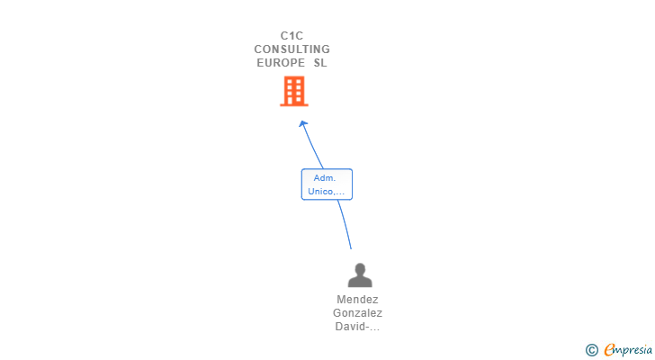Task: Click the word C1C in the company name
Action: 292,36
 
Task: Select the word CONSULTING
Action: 292,49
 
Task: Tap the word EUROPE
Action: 281,63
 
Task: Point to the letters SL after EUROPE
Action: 320,63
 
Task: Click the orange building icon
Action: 294,91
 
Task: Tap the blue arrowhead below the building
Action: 303,123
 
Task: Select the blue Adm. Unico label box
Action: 327,184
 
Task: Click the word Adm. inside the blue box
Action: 325,178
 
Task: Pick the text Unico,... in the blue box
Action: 327,192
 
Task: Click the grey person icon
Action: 360,275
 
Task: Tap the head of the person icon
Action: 360,268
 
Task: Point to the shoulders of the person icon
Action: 360,282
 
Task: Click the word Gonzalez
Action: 357,313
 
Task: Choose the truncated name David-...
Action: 357,327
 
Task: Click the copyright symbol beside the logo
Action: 591,350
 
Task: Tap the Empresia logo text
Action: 628,350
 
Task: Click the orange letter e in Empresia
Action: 609,350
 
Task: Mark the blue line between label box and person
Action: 345,224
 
